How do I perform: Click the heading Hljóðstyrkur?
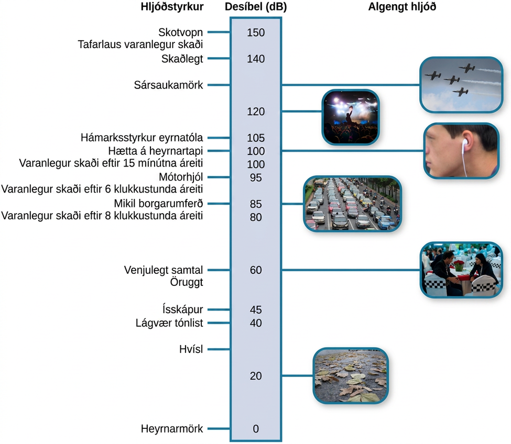172,7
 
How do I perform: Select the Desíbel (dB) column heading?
256,7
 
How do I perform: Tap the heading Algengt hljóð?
402,7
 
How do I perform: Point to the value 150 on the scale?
256,32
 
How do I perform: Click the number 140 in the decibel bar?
256,59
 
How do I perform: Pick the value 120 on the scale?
256,112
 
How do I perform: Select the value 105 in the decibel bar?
256,138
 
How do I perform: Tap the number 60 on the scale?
256,270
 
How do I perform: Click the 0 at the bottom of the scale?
256,429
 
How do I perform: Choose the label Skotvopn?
180,32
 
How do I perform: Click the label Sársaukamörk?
168,85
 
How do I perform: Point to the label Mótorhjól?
181,177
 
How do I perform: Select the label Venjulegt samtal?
164,270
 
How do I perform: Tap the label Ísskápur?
182,309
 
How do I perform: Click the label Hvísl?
191,349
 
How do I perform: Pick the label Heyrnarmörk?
172,429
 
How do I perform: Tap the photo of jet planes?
461,85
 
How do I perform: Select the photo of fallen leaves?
351,375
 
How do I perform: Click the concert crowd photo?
351,117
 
